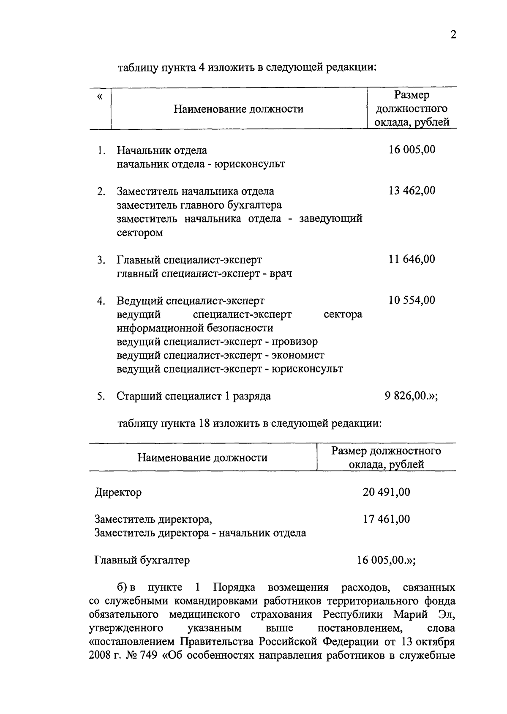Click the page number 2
point(453,35)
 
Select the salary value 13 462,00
point(412,191)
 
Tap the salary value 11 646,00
point(412,259)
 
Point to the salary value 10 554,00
point(412,300)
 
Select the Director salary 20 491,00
point(386,492)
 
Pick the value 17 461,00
point(386,519)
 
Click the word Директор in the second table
point(118,492)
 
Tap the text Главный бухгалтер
point(142,560)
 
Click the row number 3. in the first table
point(101,260)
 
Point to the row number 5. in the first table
point(101,397)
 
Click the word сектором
point(140,233)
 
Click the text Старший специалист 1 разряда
point(194,397)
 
